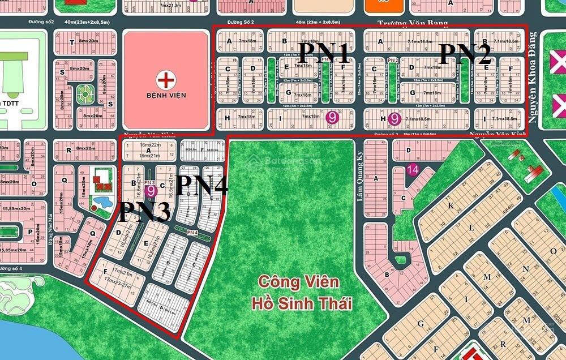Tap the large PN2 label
[x=465, y=54]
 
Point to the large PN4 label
[x=202, y=185]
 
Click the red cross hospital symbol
[x=165, y=80]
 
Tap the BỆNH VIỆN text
[x=165, y=96]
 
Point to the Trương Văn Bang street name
[x=413, y=23]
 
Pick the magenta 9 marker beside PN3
[x=151, y=191]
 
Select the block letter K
[x=451, y=206]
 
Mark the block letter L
[x=471, y=228]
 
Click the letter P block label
[x=29, y=232]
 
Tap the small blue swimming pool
[x=101, y=202]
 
